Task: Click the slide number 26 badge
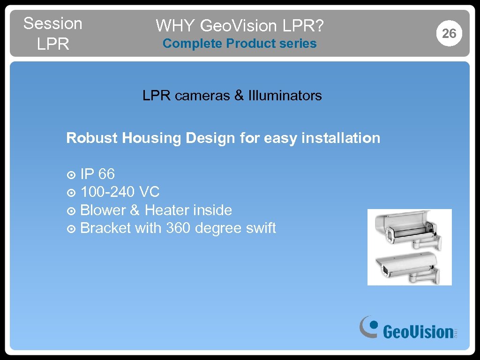coord(449,33)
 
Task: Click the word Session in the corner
coord(52,23)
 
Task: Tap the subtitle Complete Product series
coord(240,44)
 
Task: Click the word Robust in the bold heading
coord(92,138)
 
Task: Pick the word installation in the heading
coord(341,138)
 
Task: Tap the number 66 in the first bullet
coord(106,174)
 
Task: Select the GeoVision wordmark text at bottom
coord(417,332)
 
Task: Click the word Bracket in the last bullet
coord(105,228)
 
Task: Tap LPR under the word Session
coord(52,44)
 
